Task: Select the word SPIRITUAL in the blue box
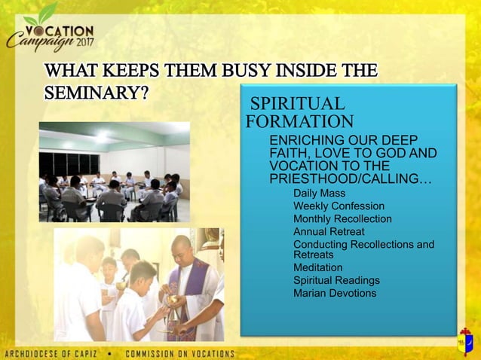click(x=297, y=105)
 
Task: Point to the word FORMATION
click(x=299, y=121)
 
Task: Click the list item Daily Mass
click(x=319, y=194)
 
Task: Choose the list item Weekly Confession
click(x=339, y=206)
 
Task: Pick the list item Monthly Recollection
click(x=342, y=218)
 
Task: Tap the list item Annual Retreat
click(x=329, y=231)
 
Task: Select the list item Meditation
click(x=317, y=267)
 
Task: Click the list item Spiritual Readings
click(x=336, y=280)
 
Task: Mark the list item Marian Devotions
click(x=335, y=293)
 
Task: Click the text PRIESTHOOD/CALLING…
click(x=351, y=178)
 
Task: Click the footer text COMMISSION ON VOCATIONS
click(x=179, y=353)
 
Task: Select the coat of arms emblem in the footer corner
click(x=466, y=343)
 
